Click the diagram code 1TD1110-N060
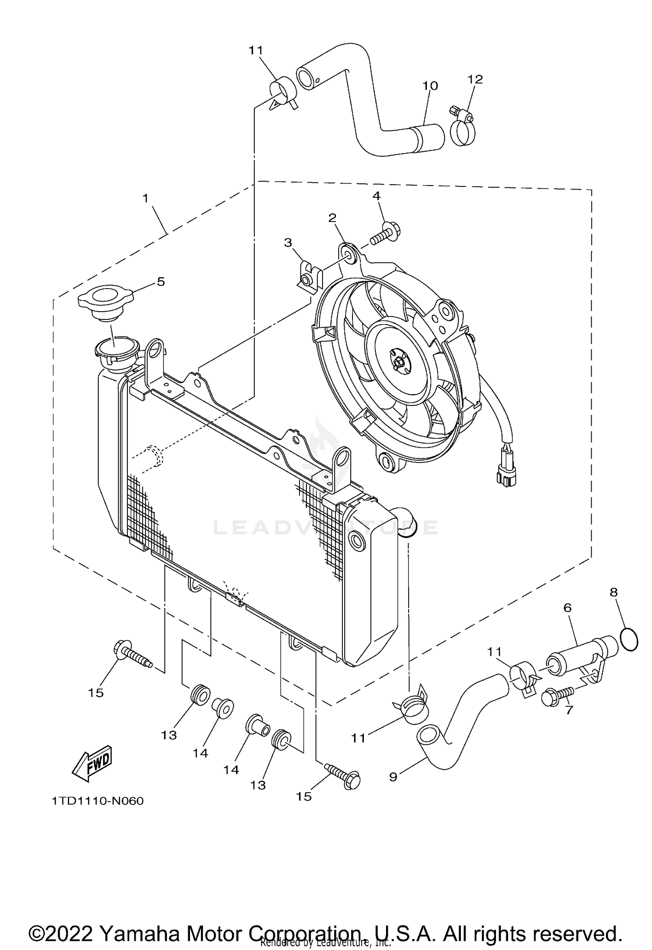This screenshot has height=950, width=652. (98, 801)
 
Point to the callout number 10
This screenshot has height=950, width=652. (430, 86)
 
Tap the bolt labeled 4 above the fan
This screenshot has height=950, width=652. (386, 233)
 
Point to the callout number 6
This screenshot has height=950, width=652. (568, 608)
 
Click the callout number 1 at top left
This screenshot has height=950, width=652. (146, 199)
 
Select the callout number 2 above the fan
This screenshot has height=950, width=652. (333, 218)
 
